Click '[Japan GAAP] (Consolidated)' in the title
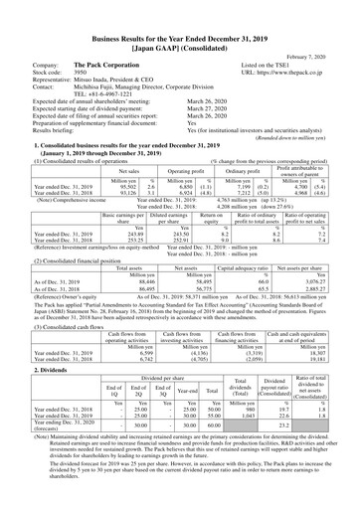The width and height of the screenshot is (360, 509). coord(179,19)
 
